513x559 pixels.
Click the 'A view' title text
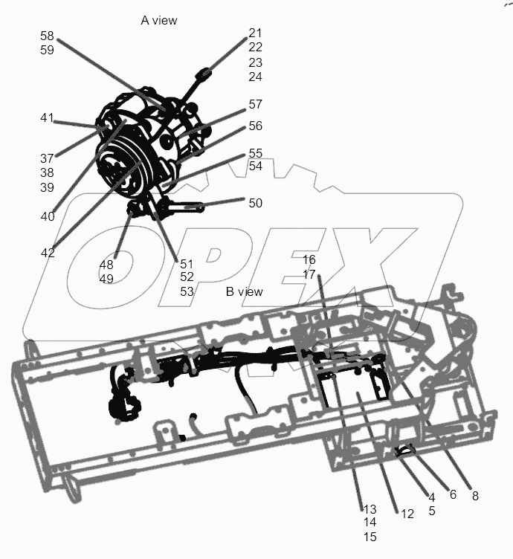(159, 20)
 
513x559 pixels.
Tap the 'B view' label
(245, 292)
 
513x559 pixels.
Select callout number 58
(47, 36)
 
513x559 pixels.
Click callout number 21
(255, 33)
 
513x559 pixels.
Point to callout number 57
(255, 105)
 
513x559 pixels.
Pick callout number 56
(255, 126)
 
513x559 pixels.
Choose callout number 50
(255, 203)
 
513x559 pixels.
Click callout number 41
(47, 117)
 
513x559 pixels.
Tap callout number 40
(47, 216)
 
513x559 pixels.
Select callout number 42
(47, 253)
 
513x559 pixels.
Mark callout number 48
(106, 265)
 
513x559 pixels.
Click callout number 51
(186, 262)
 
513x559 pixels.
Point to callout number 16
(309, 259)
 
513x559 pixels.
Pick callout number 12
(407, 513)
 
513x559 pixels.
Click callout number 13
(370, 509)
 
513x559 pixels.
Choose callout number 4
(430, 497)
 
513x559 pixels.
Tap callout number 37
(47, 158)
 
